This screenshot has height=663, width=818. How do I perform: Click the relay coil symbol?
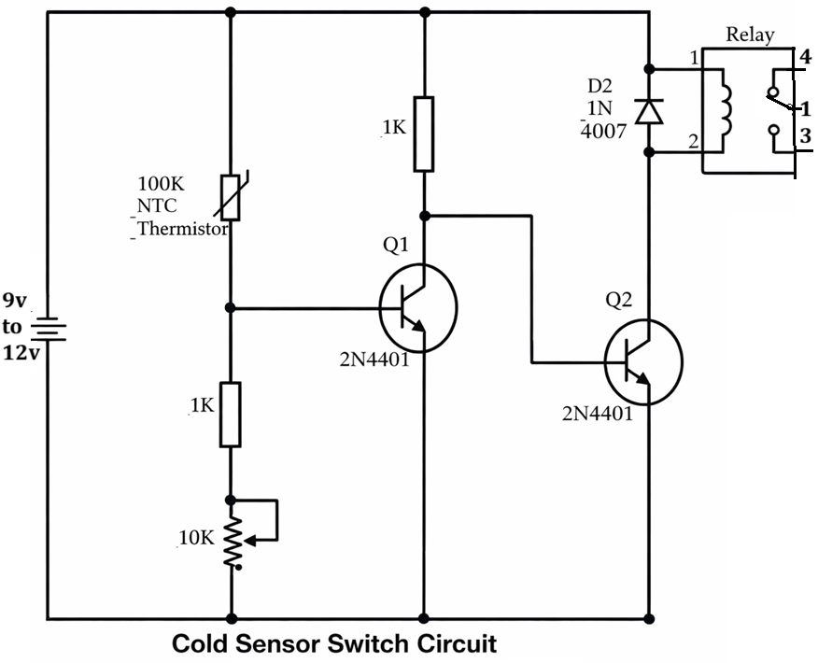point(726,110)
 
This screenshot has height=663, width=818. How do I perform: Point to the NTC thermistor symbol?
point(230,197)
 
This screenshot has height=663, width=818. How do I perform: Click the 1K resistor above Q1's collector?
point(424,134)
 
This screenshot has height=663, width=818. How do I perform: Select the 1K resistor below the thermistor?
point(230,414)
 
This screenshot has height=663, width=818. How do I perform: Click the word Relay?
point(750,35)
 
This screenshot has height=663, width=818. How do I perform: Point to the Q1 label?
point(395,246)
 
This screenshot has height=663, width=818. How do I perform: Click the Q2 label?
point(620,300)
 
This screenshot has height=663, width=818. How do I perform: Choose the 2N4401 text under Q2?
point(597,412)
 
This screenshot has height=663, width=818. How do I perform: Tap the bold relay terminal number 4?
point(804,57)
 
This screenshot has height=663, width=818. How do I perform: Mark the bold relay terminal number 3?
point(804,137)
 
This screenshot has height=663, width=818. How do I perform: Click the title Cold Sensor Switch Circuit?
point(334,644)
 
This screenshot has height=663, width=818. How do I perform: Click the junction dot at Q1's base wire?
point(231,307)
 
